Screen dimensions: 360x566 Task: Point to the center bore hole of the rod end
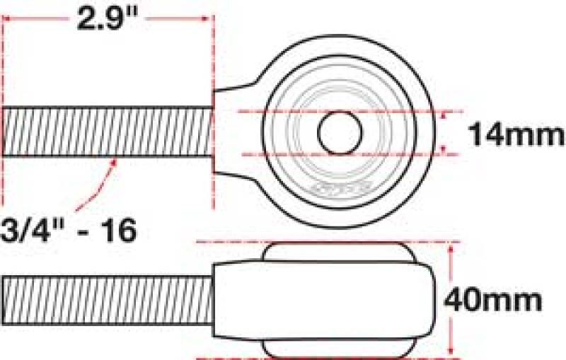(x=340, y=132)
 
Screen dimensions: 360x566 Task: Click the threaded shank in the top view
(x=107, y=132)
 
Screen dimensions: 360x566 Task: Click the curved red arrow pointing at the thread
(x=98, y=182)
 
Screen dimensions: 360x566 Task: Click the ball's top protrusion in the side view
(x=336, y=251)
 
